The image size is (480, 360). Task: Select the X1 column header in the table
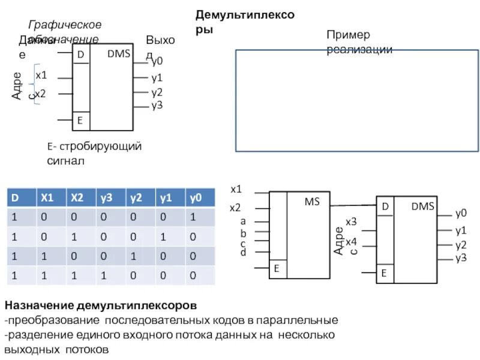pyautogui.click(x=47, y=198)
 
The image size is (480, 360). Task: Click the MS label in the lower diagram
pyautogui.click(x=312, y=202)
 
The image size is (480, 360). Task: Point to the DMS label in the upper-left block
pyautogui.click(x=119, y=54)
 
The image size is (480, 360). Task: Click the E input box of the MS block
pyautogui.click(x=277, y=269)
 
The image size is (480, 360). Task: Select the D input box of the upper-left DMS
pyautogui.click(x=80, y=54)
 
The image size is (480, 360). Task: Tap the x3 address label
pyautogui.click(x=351, y=223)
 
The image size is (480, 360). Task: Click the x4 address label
pyautogui.click(x=351, y=241)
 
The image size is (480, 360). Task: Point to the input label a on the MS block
pyautogui.click(x=243, y=221)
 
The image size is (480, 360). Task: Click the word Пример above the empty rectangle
pyautogui.click(x=348, y=35)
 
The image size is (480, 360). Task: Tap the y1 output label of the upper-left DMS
pyautogui.click(x=157, y=77)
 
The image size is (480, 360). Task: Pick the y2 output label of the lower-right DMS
pyautogui.click(x=461, y=245)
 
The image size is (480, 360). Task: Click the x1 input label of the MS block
pyautogui.click(x=236, y=189)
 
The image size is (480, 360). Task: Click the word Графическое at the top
pyautogui.click(x=65, y=25)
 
